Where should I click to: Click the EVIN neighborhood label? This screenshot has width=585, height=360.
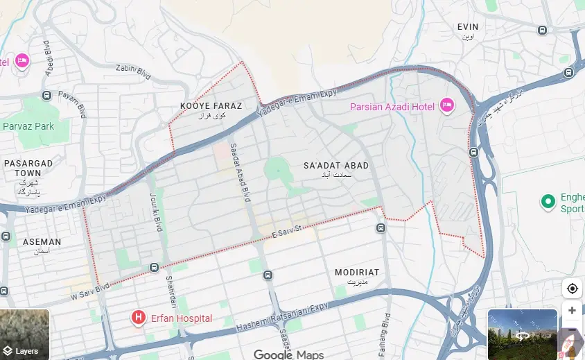pos(467,27)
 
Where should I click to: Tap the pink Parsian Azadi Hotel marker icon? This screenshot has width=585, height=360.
pos(447,105)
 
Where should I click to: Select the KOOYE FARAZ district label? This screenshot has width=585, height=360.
pos(211,106)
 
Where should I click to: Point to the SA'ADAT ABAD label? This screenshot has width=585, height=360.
pos(336,166)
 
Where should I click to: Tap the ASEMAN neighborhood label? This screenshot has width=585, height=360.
pos(42,242)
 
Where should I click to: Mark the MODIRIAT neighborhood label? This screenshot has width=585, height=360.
pos(357,273)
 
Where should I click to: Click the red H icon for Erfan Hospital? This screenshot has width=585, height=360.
pos(139,318)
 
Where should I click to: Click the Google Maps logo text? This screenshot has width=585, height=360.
pos(288,354)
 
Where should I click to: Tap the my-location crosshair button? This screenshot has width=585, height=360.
pos(572,289)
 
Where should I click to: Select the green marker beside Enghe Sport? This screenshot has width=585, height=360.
pos(548,202)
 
